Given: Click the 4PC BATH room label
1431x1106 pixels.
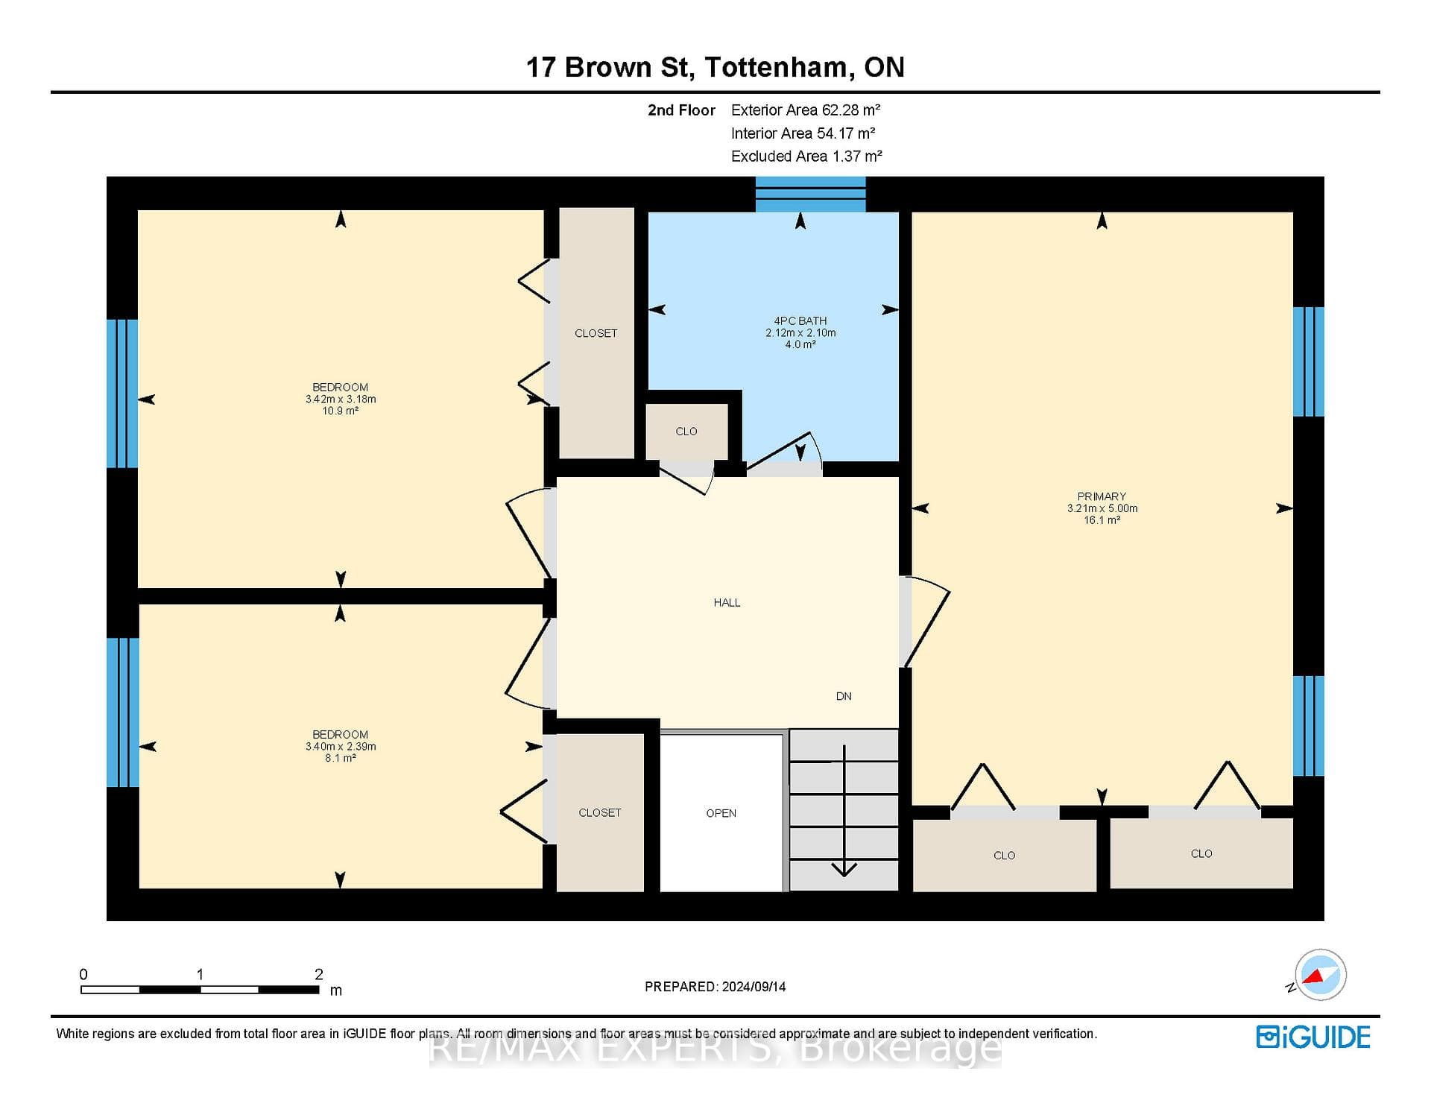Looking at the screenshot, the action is click(x=800, y=321).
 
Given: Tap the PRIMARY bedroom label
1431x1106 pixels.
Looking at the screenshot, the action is click(x=1102, y=496).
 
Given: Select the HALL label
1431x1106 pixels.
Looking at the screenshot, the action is click(x=727, y=602).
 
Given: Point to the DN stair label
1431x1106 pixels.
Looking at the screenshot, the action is click(x=844, y=696).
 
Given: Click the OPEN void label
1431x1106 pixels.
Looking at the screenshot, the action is click(x=721, y=813).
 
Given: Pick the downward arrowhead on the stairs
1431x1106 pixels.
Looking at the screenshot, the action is click(x=844, y=869).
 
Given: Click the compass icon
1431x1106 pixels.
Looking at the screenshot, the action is click(x=1320, y=975).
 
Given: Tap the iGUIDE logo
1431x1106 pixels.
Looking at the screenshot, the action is click(x=1313, y=1037).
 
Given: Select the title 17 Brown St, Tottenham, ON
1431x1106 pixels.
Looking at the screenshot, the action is click(x=715, y=67).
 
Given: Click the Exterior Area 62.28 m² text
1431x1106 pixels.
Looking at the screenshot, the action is click(x=806, y=110).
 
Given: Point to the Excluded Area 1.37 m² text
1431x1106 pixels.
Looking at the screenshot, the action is click(x=806, y=157).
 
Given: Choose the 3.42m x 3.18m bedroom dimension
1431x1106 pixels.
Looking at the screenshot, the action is click(x=341, y=399).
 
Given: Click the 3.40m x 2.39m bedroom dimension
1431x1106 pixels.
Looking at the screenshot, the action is click(x=341, y=747).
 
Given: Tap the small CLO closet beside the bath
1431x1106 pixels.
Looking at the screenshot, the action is click(x=686, y=432).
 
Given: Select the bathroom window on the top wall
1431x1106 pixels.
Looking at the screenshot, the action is click(x=811, y=195).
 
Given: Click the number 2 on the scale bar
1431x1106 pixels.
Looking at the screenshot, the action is click(x=319, y=974).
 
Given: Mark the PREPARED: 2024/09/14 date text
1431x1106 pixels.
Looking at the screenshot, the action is click(x=715, y=987).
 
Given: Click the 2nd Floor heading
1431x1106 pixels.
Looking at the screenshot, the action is click(x=681, y=110).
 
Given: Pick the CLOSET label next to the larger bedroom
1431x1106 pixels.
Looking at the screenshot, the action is click(x=596, y=333).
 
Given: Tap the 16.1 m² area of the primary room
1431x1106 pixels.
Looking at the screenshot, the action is click(x=1102, y=520).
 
